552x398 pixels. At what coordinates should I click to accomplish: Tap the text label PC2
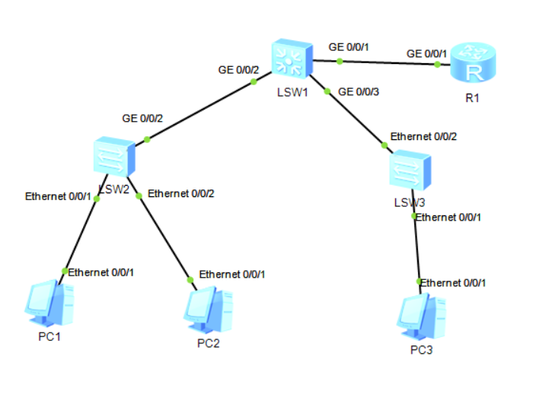(208, 343)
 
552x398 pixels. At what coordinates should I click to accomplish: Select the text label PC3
(421, 350)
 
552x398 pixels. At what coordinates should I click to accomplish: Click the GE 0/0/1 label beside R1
(426, 54)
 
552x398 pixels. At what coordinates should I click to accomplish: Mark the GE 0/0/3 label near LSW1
(358, 91)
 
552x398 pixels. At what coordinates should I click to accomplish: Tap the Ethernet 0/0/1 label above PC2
(232, 274)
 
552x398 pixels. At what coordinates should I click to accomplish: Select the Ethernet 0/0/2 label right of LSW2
(181, 193)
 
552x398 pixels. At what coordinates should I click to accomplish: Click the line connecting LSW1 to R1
(388, 62)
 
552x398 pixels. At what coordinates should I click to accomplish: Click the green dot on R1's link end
(437, 65)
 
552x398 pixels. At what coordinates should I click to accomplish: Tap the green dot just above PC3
(420, 282)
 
